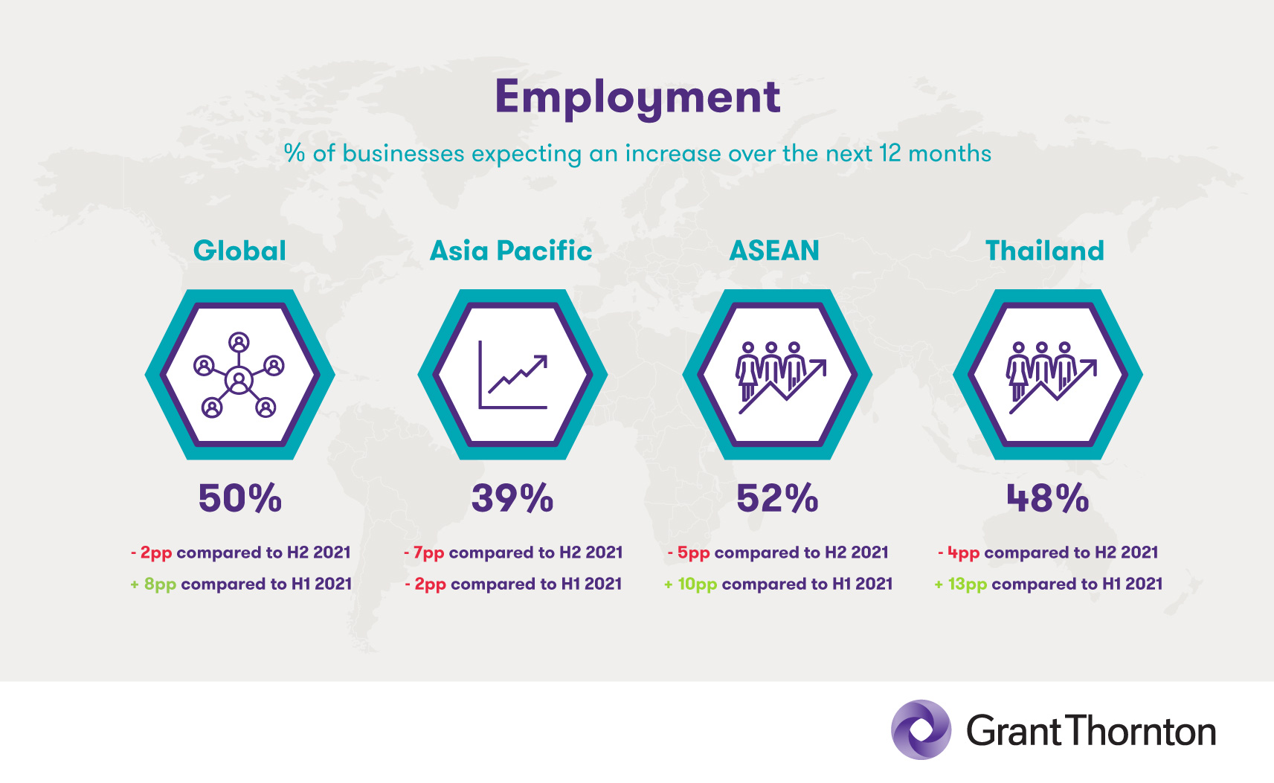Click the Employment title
click(637, 98)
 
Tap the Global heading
click(239, 251)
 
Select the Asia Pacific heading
click(511, 251)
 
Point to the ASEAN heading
click(774, 251)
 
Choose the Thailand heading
click(1045, 251)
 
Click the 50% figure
click(240, 498)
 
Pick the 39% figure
click(512, 498)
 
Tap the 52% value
click(777, 498)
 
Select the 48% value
click(1048, 498)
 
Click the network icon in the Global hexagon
click(239, 376)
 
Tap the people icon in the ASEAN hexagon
click(780, 378)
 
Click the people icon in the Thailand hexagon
click(1051, 378)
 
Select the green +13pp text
click(961, 584)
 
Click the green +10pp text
click(690, 584)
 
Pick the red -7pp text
click(424, 553)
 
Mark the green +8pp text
click(153, 584)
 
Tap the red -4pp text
click(959, 553)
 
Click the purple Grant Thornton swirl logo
click(921, 729)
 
